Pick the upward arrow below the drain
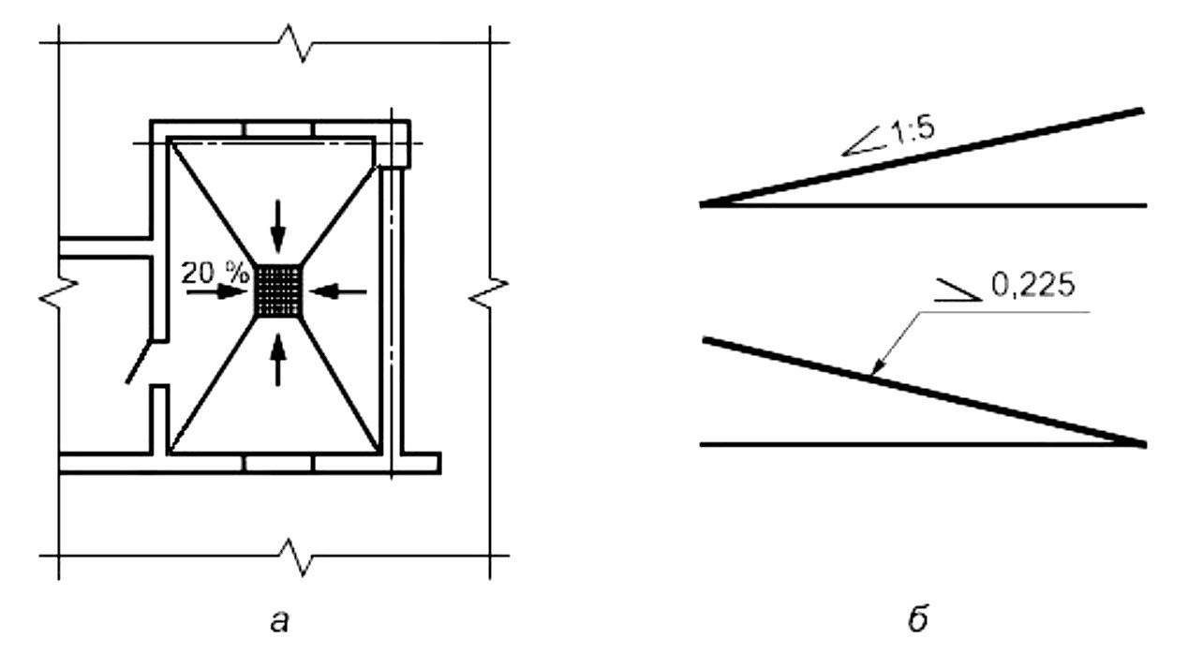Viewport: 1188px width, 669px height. [277, 360]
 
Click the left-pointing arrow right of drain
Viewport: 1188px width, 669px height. [338, 292]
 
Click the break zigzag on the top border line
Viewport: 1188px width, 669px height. [302, 43]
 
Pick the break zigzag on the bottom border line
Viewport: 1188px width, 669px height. [302, 557]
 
